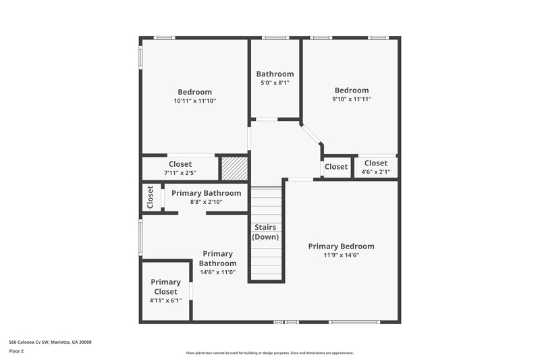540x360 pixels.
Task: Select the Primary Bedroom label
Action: pos(341,246)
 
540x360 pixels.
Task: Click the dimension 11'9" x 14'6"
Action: pos(341,256)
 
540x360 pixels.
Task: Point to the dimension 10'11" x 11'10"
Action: pos(194,101)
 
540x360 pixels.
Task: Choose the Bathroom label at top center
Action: pos(275,74)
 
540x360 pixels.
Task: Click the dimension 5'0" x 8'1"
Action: pos(275,84)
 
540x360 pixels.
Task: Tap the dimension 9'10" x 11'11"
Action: pos(352,99)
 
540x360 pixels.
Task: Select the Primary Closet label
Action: pos(165,286)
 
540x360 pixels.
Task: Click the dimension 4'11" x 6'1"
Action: pos(165,301)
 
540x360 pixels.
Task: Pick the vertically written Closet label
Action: pos(150,197)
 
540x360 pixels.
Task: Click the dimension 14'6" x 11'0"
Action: pos(217,273)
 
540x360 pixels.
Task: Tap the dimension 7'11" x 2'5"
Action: pos(180,174)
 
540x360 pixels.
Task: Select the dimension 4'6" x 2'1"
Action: pos(376,172)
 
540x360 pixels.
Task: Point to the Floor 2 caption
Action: pos(16,352)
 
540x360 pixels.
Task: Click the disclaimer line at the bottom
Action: pos(269,353)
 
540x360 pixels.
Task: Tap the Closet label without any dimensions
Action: pos(336,167)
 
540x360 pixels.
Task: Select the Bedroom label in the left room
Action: pos(194,92)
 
